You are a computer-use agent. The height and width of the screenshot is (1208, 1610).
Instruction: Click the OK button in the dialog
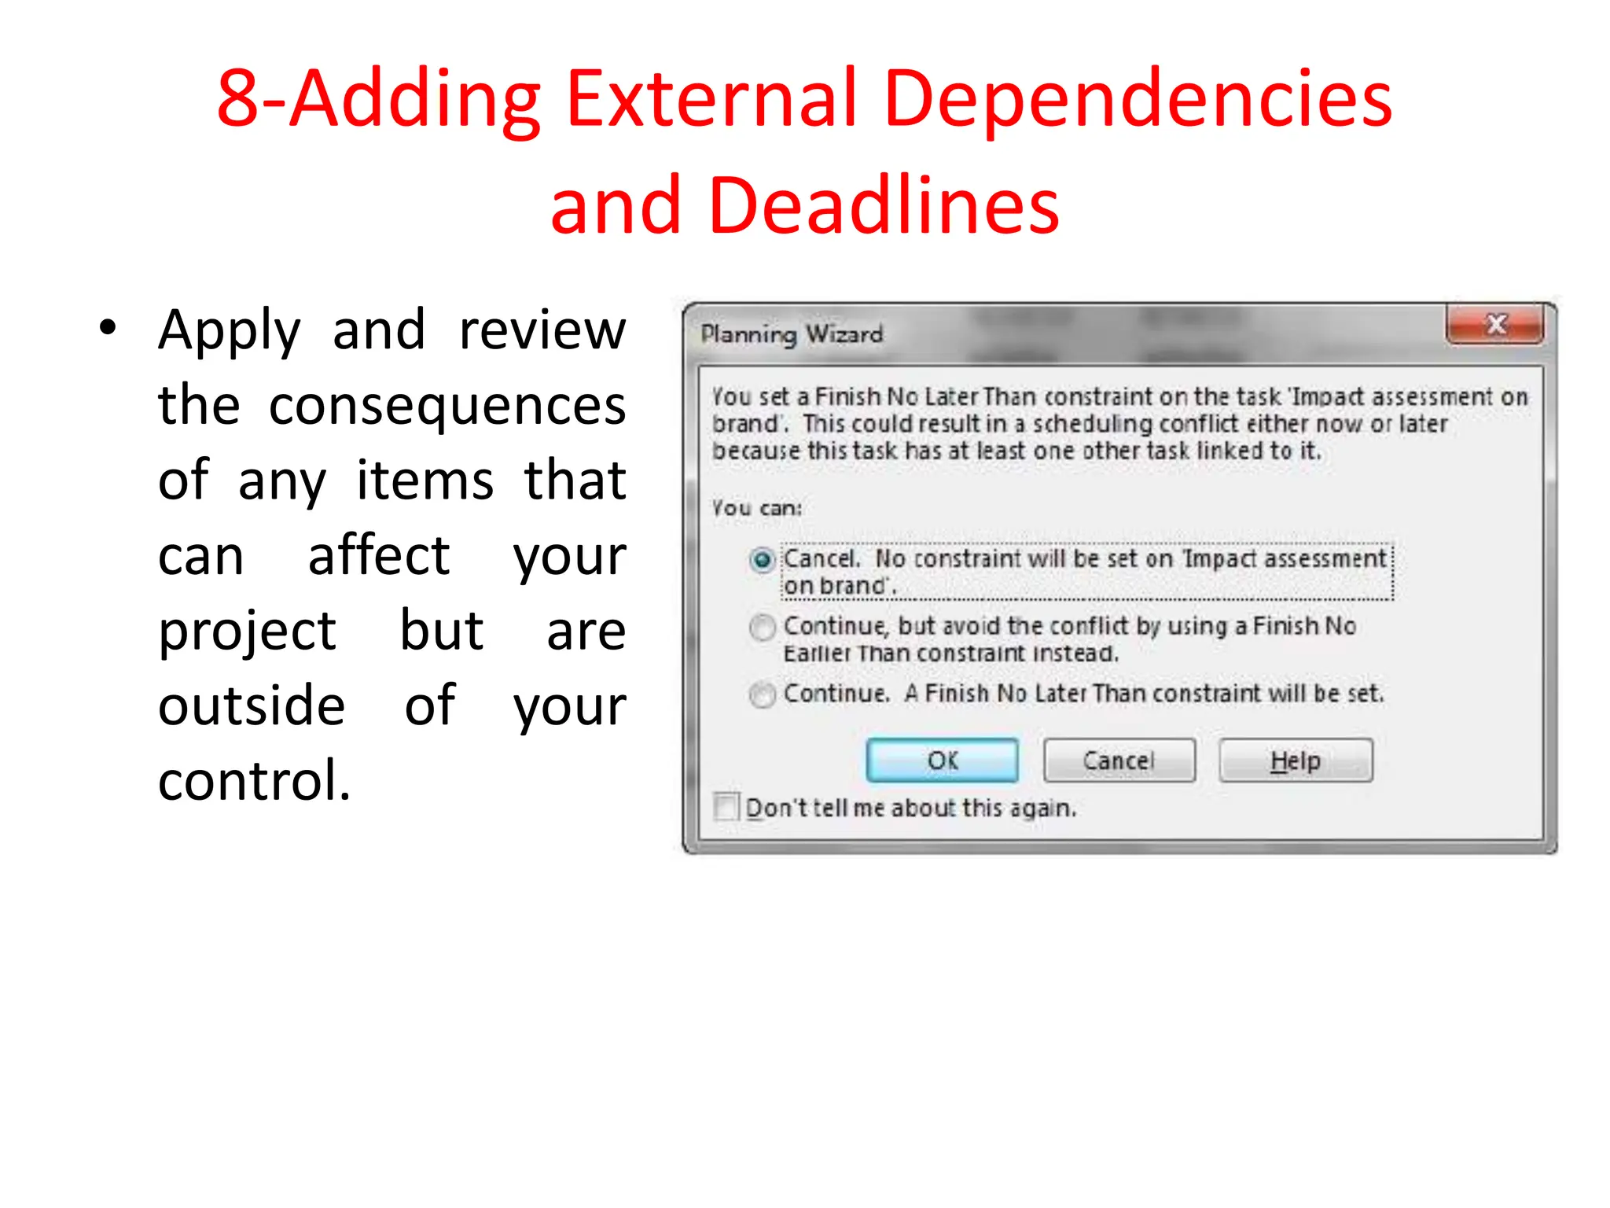click(x=942, y=761)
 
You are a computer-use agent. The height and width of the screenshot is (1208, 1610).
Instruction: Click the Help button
click(x=1295, y=761)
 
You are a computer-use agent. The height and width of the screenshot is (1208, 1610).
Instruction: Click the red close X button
click(x=1495, y=325)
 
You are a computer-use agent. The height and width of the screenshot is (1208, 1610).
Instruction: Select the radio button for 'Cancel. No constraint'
click(x=762, y=560)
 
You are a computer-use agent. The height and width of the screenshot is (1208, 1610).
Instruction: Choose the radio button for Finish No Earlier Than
click(x=762, y=628)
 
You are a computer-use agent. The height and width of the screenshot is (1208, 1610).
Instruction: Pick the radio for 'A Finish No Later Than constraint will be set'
click(x=762, y=694)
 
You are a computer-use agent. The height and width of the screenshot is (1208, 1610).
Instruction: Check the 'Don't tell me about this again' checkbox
click(x=726, y=807)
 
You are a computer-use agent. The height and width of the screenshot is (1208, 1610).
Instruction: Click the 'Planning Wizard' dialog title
click(x=792, y=334)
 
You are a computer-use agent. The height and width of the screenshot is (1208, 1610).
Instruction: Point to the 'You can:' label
click(x=756, y=508)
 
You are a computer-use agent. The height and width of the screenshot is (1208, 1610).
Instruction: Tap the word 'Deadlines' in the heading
click(x=884, y=206)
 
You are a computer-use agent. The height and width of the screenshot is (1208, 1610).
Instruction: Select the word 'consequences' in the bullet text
click(x=447, y=406)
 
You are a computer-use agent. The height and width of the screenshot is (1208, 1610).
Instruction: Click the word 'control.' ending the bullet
click(x=255, y=781)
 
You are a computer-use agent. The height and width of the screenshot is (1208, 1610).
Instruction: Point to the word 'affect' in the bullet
click(x=379, y=556)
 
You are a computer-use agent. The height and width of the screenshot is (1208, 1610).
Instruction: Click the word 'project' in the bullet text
click(x=247, y=632)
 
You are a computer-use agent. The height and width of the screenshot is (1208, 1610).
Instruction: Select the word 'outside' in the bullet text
click(x=252, y=705)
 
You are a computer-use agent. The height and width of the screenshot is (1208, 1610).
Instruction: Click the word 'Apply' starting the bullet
click(x=230, y=330)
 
